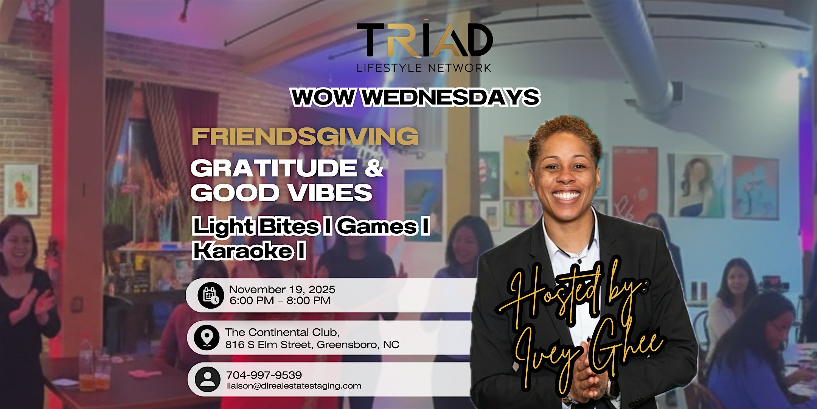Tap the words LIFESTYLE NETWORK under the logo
pyautogui.click(x=424, y=68)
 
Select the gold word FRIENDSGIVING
pyautogui.click(x=305, y=136)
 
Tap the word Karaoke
pyautogui.click(x=242, y=251)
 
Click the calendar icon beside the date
pyautogui.click(x=211, y=295)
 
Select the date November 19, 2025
pyautogui.click(x=282, y=290)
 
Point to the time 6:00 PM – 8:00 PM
pyautogui.click(x=280, y=301)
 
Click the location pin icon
pyautogui.click(x=207, y=337)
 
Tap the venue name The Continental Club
pyautogui.click(x=282, y=332)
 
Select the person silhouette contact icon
pyautogui.click(x=207, y=379)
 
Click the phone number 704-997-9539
pyautogui.click(x=264, y=375)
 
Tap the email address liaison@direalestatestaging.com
pyautogui.click(x=294, y=386)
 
